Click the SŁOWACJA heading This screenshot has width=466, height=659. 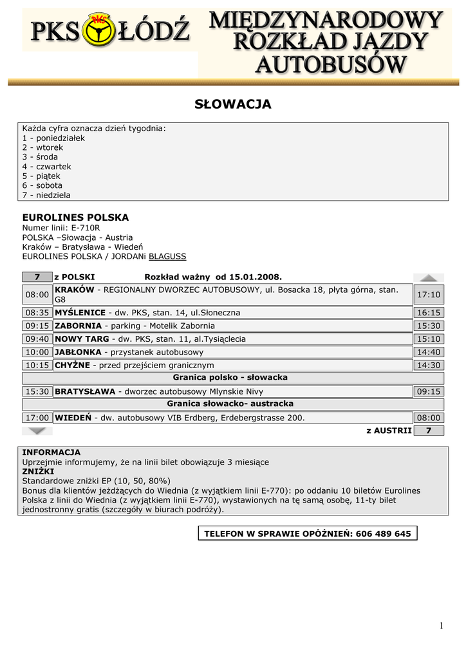click(x=233, y=104)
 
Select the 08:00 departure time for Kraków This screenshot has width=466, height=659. click(x=37, y=295)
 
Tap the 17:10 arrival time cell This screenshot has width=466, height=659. click(x=428, y=295)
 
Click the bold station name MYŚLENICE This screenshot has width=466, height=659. click(x=80, y=313)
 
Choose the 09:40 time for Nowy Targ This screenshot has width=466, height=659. click(x=37, y=339)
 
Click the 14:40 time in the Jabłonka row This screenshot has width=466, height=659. click(x=428, y=352)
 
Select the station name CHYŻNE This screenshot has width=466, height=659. click(x=73, y=366)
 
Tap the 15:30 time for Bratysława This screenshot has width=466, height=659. click(x=37, y=391)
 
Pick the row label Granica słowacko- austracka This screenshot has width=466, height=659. click(x=230, y=404)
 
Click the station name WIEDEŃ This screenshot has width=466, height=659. click(x=73, y=418)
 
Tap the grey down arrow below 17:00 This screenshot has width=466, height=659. click(x=37, y=431)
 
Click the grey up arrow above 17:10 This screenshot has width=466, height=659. click(x=428, y=278)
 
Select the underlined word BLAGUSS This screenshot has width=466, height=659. click(x=167, y=256)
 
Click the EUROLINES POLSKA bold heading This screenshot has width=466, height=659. click(x=75, y=218)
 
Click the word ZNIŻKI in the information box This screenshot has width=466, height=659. click(x=38, y=471)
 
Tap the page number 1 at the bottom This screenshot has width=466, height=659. click(x=442, y=626)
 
